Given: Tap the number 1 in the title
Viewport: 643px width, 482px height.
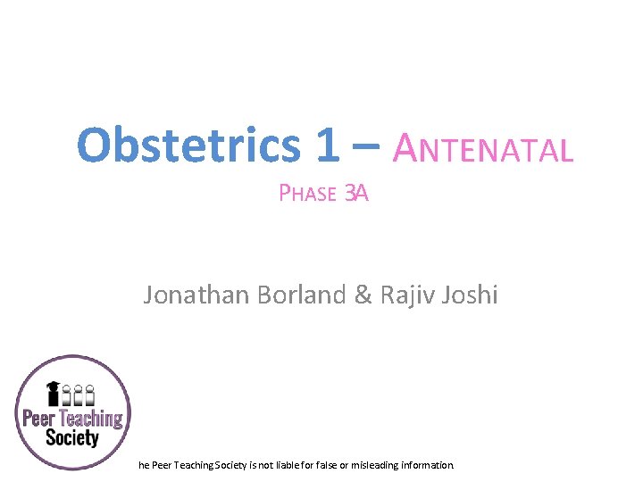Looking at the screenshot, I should coord(327,145).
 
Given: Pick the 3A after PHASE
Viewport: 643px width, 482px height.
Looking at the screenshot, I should coord(356,193).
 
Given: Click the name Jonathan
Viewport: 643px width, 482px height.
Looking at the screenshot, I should coord(196,295).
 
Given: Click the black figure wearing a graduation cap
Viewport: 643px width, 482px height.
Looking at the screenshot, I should coord(54,395).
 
